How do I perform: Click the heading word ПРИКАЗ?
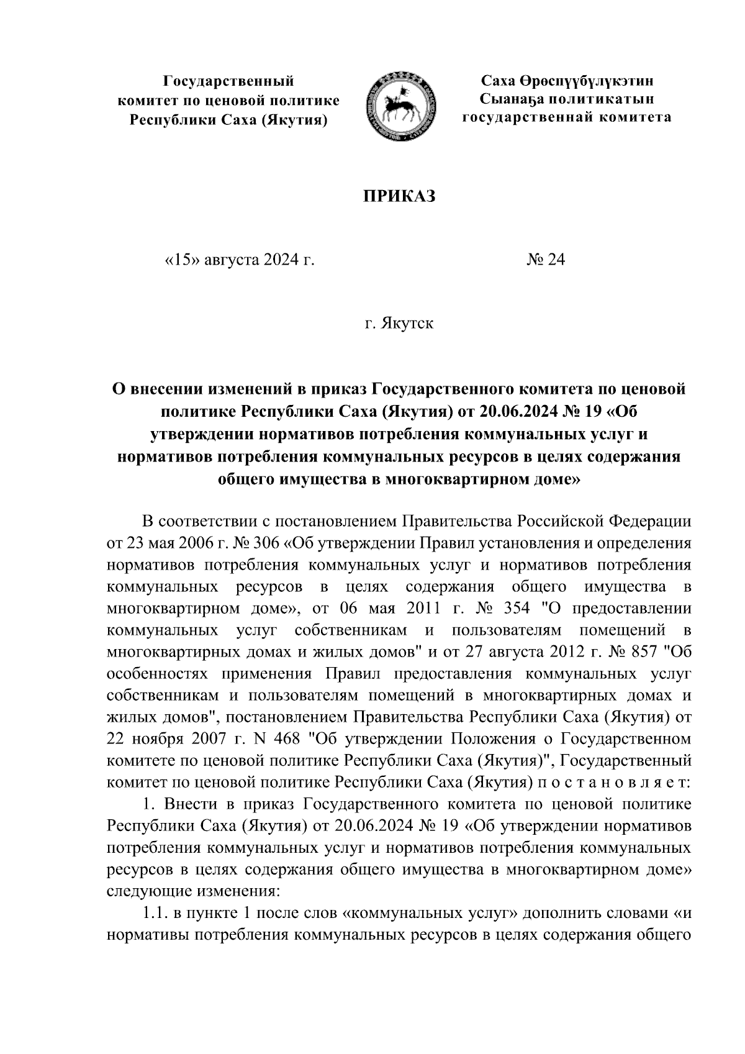(x=399, y=196)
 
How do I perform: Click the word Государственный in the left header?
(x=228, y=81)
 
